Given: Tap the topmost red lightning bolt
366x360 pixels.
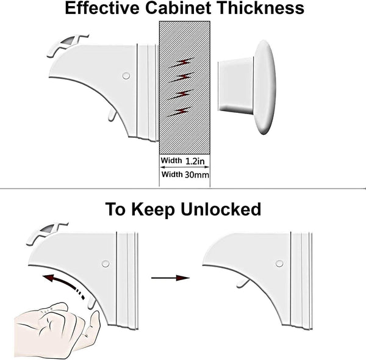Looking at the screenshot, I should click(183, 62).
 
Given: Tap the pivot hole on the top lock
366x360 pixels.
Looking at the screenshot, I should click(126, 76).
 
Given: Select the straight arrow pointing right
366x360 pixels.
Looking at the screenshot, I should click(170, 278).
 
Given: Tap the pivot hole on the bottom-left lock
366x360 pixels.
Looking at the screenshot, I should click(105, 264).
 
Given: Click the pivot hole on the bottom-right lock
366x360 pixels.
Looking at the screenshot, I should click(279, 264).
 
